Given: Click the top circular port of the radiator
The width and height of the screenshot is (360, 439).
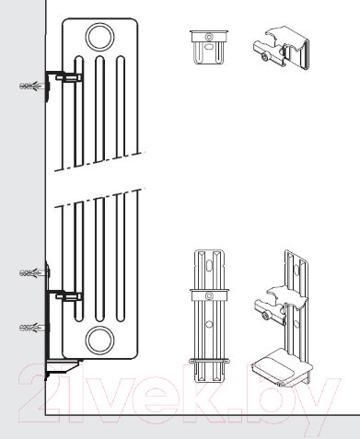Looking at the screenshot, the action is click(99, 37).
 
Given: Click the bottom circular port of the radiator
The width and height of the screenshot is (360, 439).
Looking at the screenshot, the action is click(99, 341).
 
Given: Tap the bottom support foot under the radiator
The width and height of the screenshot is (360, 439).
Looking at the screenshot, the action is click(63, 367).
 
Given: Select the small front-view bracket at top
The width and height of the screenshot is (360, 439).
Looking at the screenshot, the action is click(209, 47).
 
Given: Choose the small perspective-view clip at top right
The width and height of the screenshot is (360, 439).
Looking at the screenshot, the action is click(281, 48).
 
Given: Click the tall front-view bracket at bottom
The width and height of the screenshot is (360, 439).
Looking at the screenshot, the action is click(209, 316).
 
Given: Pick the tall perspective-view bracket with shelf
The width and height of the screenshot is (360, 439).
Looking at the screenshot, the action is click(282, 319).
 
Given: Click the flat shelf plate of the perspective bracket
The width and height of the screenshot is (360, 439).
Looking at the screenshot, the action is click(281, 367).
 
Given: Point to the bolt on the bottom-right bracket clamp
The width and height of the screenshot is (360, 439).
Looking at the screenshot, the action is click(265, 315).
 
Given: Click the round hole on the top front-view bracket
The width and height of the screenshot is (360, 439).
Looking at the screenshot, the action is click(209, 37).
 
